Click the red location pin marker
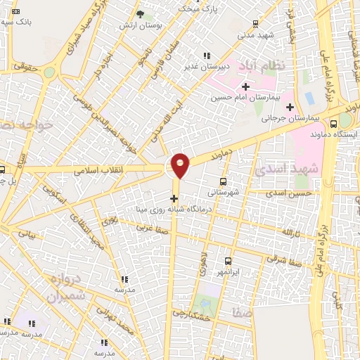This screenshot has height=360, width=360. point(181,165)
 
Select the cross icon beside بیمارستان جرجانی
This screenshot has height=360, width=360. point(290,107)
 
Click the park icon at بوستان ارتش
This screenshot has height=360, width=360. point(140,14)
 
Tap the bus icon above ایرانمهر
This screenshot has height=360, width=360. point(227,260)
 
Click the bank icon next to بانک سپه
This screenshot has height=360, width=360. point(16,12)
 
